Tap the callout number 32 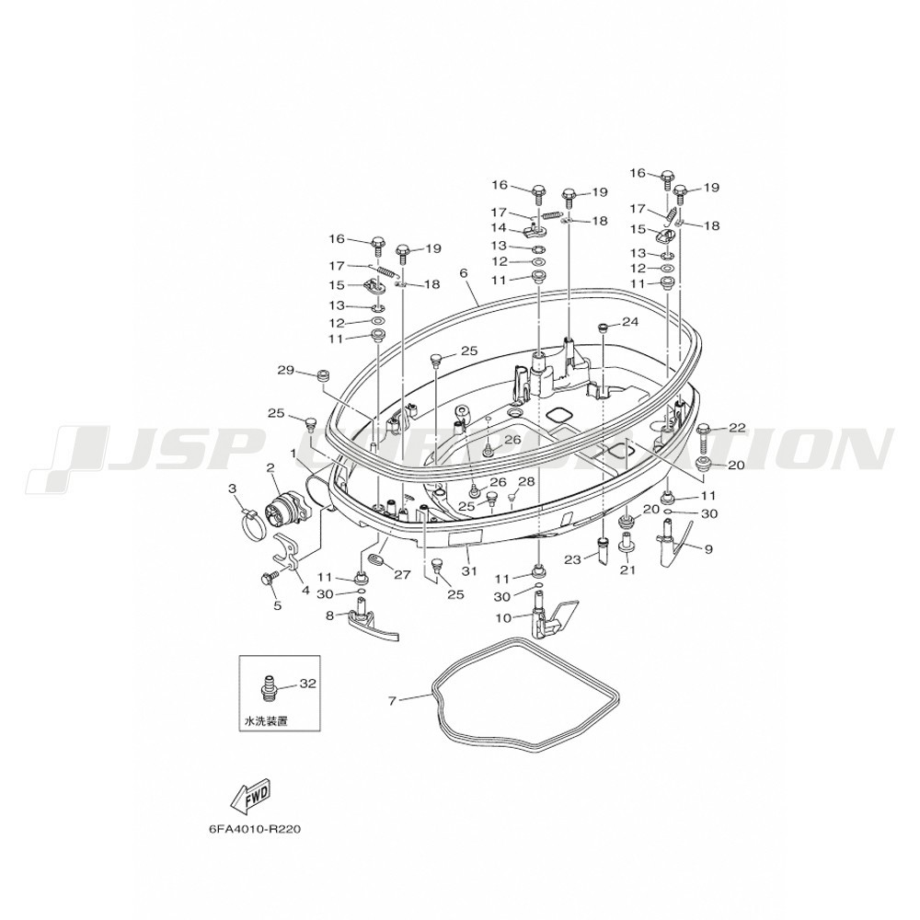pos(307,684)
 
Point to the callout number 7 pos(392,701)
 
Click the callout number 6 pos(463,273)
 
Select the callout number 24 pos(629,322)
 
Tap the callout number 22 pos(737,427)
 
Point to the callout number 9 pos(708,549)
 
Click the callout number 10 pos(503,617)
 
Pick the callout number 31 pos(470,571)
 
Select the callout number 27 pos(401,575)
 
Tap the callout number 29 pos(284,370)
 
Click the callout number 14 pos(498,227)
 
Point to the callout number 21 pos(627,571)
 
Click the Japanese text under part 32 pos(265,723)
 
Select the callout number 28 pos(526,481)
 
